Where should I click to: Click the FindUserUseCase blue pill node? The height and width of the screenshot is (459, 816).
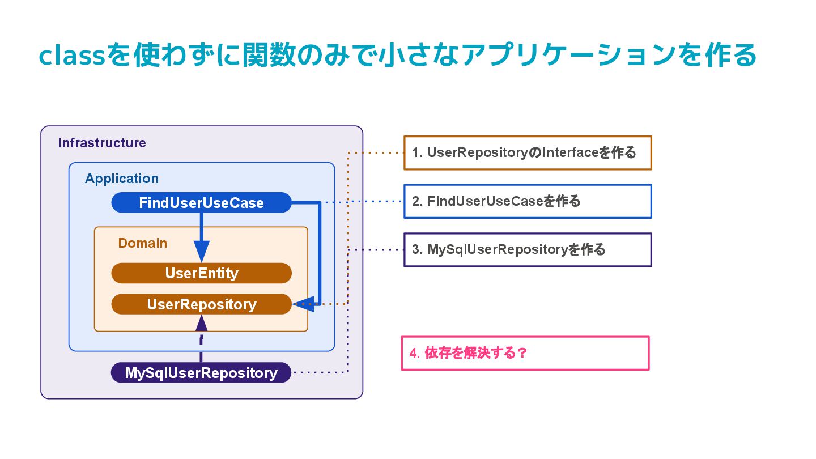coord(202,202)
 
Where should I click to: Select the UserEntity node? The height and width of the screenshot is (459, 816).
coord(202,273)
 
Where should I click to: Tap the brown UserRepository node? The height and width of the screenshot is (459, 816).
coord(202,304)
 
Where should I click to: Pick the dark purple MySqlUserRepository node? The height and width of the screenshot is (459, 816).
coord(201,373)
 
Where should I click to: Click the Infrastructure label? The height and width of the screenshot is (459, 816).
coord(102,143)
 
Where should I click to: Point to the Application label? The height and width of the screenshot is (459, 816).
coord(122,178)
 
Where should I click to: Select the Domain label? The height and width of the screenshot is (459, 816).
coord(142,243)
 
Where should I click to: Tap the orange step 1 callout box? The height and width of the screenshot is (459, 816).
coord(528,152)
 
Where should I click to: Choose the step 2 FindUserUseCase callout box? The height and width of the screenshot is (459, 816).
coord(528,202)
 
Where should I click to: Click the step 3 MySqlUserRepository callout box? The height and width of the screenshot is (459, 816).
coord(528,250)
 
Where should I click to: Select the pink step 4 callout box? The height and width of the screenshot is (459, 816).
coord(525,353)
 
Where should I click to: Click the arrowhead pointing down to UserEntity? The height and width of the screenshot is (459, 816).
coord(202,252)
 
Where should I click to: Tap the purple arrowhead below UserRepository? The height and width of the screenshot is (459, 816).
coord(202,323)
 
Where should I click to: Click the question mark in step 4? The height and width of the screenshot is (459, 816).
coord(522,353)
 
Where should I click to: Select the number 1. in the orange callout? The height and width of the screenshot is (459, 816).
coord(418,152)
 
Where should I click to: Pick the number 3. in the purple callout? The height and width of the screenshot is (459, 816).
coord(418,250)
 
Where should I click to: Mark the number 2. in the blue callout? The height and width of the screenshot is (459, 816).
coord(418,202)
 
